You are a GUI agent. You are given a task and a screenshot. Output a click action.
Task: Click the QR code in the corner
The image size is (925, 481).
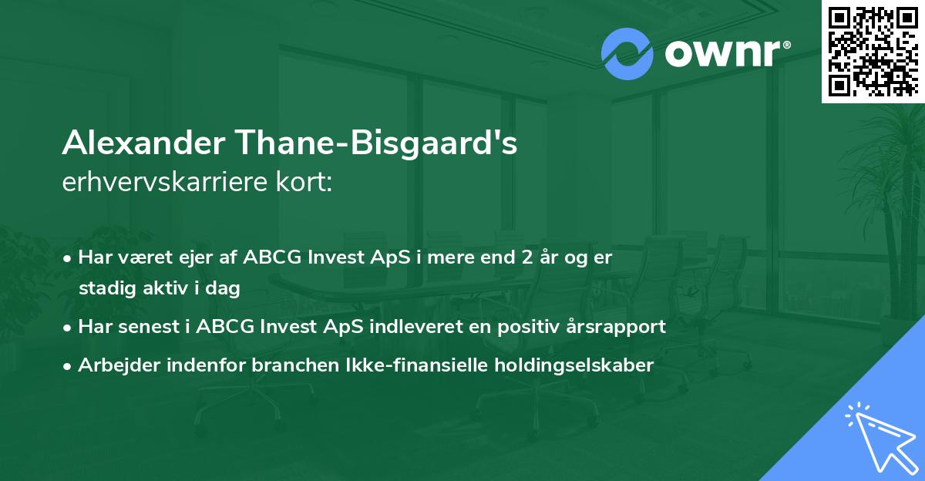click(x=873, y=51)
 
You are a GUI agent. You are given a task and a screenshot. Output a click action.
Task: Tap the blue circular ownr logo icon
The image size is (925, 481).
click(x=627, y=54)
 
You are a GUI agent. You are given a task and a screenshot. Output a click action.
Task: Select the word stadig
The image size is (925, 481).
click(x=103, y=289)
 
